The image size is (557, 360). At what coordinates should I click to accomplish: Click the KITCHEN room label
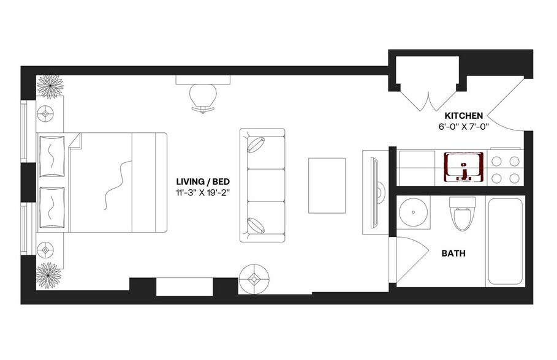[x=464, y=115]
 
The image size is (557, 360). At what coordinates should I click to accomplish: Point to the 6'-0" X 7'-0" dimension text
[x=464, y=126]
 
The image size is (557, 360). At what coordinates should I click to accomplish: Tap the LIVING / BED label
[x=200, y=181]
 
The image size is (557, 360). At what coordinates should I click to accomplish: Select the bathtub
[x=506, y=241]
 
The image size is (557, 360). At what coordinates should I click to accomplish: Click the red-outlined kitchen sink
[x=464, y=167]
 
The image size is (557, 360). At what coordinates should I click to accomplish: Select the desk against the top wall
[x=202, y=80]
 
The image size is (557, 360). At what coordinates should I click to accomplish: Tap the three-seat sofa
[x=262, y=184]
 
